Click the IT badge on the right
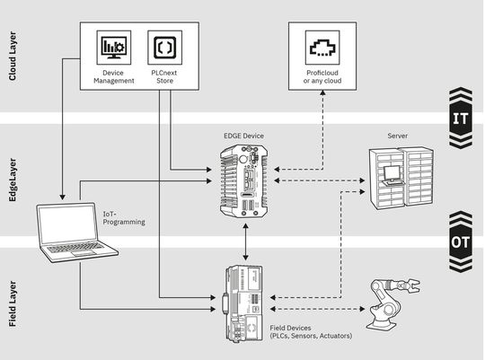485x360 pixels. point(459,117)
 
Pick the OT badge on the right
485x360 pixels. point(459,242)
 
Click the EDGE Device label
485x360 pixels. point(244,136)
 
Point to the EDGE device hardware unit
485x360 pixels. point(244,183)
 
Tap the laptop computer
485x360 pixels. point(76,231)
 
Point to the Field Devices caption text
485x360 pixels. point(310,331)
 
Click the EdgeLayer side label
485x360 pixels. point(13,180)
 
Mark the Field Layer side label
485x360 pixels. point(13,302)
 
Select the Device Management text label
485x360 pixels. point(114,76)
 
